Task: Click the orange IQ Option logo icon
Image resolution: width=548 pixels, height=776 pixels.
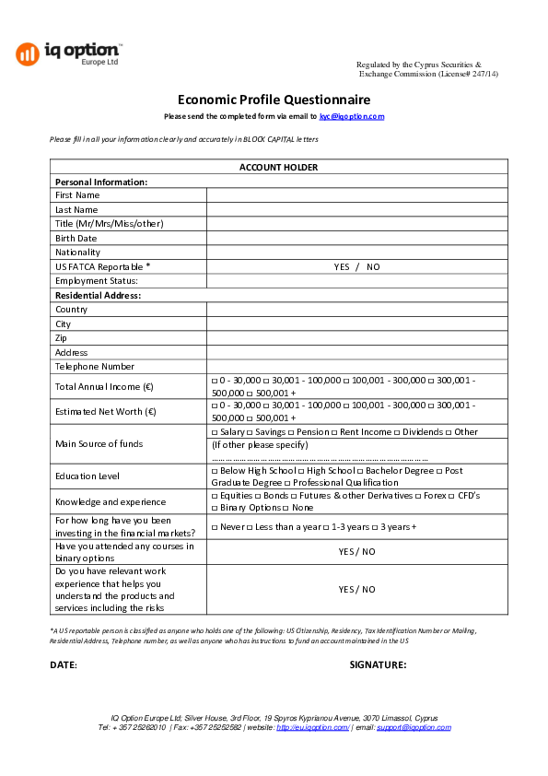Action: coord(27,53)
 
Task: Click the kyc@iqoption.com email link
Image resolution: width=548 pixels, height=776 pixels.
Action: coord(352,116)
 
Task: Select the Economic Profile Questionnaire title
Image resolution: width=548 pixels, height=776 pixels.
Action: coord(274,100)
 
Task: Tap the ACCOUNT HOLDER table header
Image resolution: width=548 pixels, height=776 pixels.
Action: coord(278,167)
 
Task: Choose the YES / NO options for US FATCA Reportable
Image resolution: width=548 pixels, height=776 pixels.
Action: coord(356,266)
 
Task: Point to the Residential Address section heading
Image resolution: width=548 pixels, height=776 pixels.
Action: coord(98,295)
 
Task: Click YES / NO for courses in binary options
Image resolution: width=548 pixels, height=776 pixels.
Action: coord(356,551)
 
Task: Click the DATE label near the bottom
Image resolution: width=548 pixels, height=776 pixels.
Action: coord(64,664)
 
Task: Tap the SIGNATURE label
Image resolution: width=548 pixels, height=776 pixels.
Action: coord(378,664)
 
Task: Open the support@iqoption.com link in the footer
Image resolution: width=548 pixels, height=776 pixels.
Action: coord(414,727)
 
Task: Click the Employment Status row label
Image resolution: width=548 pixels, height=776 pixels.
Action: coord(96,281)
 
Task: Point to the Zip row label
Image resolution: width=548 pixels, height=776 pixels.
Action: coord(61,338)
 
